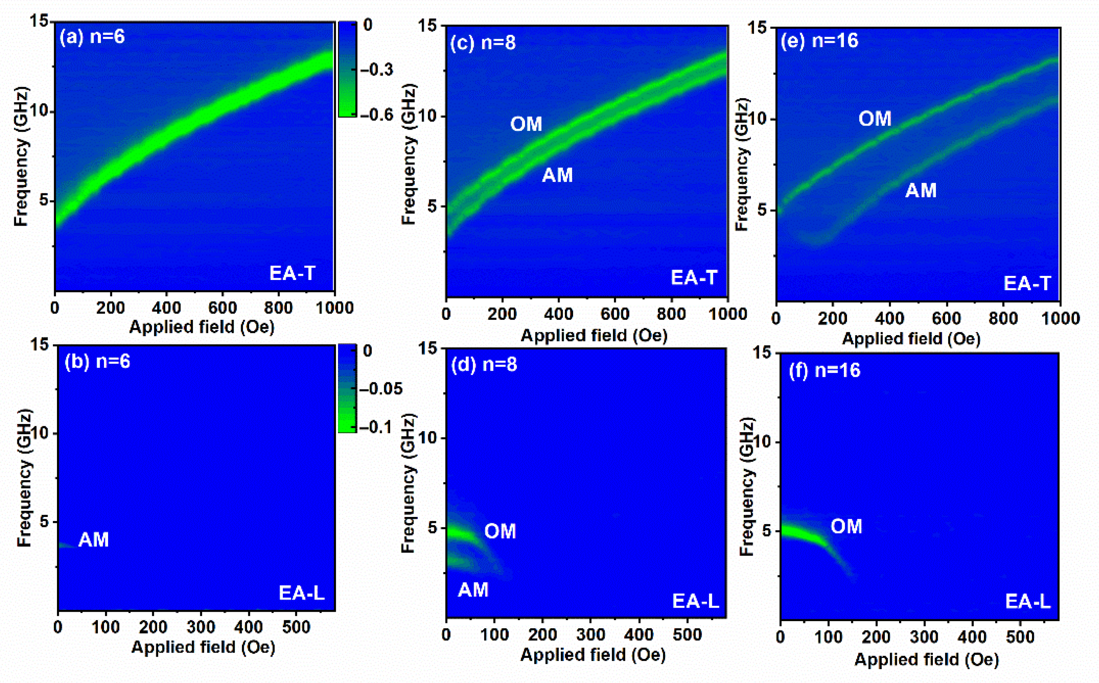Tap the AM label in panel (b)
tap(93, 539)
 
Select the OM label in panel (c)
tap(526, 124)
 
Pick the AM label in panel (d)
tap(473, 590)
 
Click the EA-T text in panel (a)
tap(292, 273)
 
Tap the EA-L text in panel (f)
tap(1028, 601)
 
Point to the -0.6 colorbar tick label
tap(376, 115)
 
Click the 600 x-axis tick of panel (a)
tap(222, 308)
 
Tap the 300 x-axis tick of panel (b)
tap(201, 628)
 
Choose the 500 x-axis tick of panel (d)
tap(687, 635)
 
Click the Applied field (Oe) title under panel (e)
tap(911, 339)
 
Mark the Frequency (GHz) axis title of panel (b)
tap(24, 478)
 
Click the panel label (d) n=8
tap(484, 364)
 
